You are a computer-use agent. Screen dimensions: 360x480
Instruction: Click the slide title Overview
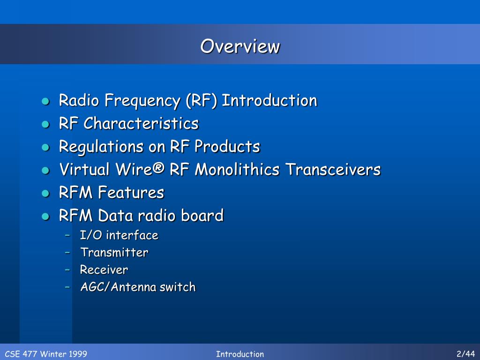(240, 46)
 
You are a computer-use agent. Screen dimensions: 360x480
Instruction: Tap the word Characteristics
(141, 124)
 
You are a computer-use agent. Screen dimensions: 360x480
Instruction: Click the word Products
(227, 147)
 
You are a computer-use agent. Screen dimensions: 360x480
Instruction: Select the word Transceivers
(333, 170)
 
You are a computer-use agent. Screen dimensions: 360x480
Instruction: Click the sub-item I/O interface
(119, 235)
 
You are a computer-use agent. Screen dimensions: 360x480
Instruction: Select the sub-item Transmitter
(114, 253)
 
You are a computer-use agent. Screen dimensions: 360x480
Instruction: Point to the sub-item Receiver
(104, 270)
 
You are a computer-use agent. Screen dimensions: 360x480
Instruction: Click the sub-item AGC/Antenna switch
(137, 287)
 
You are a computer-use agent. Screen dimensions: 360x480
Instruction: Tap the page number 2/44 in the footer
(465, 354)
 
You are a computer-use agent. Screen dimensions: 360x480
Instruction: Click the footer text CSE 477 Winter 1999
(46, 354)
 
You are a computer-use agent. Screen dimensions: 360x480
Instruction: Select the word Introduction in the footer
(240, 354)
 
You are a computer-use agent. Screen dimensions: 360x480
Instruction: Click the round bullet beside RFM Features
(45, 193)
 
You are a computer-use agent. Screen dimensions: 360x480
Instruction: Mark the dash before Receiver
(68, 270)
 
